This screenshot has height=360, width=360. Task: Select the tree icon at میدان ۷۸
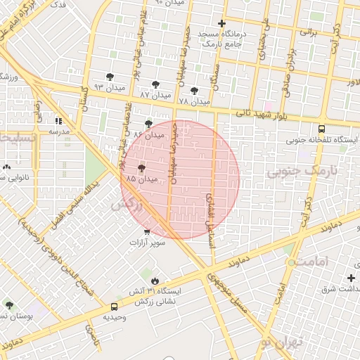pyautogui.click(x=194, y=91)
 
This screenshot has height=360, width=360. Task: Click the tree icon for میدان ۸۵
pyautogui.click(x=142, y=169)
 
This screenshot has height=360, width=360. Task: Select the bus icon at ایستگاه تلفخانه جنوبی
pyautogui.click(x=321, y=129)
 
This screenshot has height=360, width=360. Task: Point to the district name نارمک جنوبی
pyautogui.click(x=303, y=171)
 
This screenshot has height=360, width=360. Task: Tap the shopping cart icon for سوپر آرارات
pyautogui.click(x=146, y=232)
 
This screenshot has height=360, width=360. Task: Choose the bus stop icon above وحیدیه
pyautogui.click(x=114, y=307)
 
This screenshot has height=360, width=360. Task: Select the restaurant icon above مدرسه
pyautogui.click(x=58, y=121)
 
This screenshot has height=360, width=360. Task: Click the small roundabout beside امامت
pyautogui.click(x=290, y=262)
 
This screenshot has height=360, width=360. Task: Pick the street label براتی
pyautogui.click(x=307, y=32)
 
